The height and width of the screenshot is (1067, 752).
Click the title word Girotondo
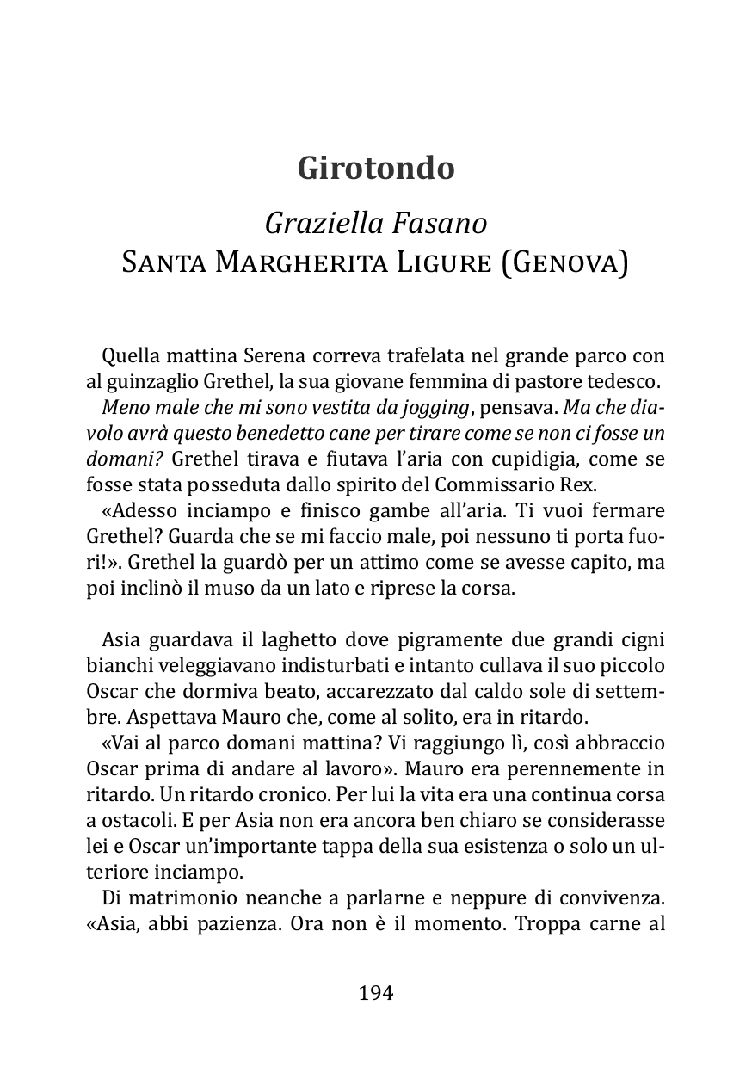coord(376,168)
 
